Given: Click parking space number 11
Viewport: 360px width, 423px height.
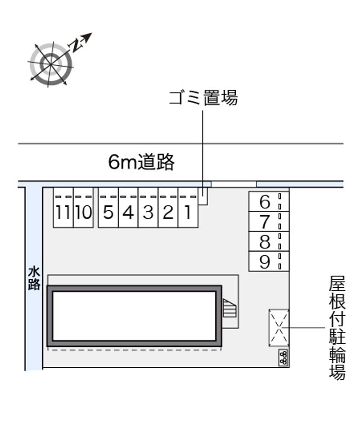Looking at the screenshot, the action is click(x=63, y=212).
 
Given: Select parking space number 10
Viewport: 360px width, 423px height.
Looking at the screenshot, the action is click(x=83, y=212).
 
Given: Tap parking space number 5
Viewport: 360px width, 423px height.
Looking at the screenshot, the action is click(x=108, y=212).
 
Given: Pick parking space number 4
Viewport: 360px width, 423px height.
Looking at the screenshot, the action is click(x=128, y=212).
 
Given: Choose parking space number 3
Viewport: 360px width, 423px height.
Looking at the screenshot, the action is click(x=148, y=212).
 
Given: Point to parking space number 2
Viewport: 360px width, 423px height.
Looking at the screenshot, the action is click(x=168, y=212).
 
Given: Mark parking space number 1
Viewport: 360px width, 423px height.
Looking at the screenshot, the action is click(x=188, y=212).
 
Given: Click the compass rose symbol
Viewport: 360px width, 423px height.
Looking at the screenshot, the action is click(x=51, y=64).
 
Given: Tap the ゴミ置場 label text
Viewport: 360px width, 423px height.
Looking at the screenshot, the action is click(x=203, y=98).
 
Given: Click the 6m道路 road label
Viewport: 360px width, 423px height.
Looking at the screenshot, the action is click(x=141, y=162).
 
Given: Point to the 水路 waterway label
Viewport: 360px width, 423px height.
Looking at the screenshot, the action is click(x=34, y=278).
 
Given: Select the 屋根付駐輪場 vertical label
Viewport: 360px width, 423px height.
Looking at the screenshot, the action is click(x=337, y=328).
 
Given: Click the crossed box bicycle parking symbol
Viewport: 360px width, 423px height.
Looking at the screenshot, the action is click(x=279, y=328).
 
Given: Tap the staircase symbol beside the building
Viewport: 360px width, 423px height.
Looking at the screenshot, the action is click(x=230, y=309).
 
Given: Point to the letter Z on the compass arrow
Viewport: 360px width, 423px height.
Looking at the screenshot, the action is click(x=76, y=44).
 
